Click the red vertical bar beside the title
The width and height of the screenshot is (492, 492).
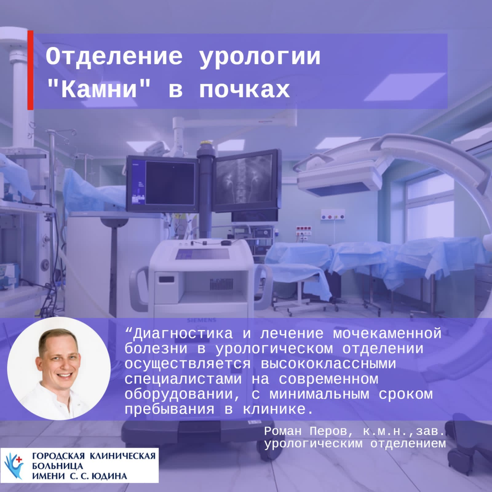tap(30, 70)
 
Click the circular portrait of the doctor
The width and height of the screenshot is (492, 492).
tap(59, 368)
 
